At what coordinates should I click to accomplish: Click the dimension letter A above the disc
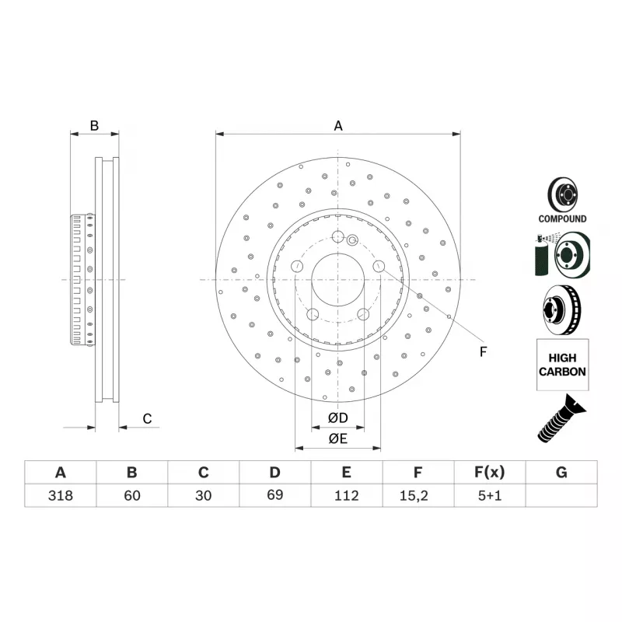[x=338, y=126]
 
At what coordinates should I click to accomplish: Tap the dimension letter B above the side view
[x=94, y=126]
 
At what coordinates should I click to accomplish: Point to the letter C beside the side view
[x=147, y=419]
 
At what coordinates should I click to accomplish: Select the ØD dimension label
[x=338, y=418]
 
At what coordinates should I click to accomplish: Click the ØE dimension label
[x=338, y=439]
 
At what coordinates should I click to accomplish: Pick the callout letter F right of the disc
[x=483, y=352]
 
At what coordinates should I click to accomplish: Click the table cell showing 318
[x=61, y=495]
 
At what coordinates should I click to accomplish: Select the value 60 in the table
[x=132, y=495]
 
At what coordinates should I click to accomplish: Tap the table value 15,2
[x=414, y=495]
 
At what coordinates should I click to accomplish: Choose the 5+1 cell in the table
[x=490, y=495]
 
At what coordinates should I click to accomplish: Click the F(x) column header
[x=490, y=472]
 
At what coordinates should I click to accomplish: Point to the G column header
[x=561, y=472]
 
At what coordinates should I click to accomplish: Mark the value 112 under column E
[x=346, y=495]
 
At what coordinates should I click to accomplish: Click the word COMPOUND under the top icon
[x=562, y=218]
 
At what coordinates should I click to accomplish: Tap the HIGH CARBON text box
[x=562, y=365]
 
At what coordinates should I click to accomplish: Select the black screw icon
[x=561, y=418]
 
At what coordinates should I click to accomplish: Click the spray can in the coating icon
[x=541, y=257]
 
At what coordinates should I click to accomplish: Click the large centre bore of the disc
[x=338, y=280]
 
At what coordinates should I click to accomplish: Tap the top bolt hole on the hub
[x=337, y=236]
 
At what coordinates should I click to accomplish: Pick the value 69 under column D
[x=275, y=494]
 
